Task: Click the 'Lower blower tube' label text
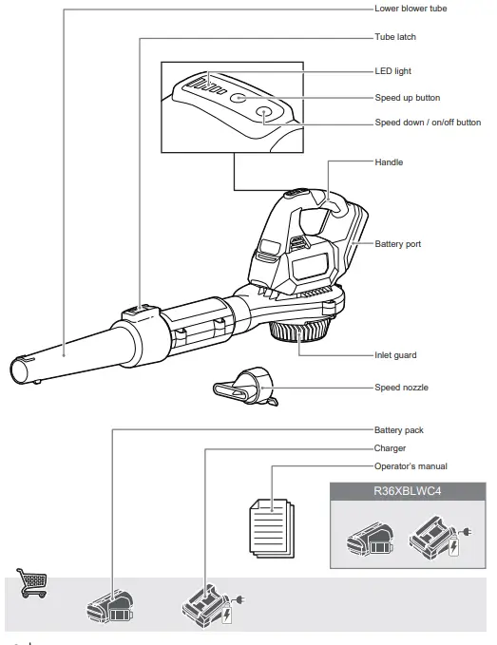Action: pos(410,9)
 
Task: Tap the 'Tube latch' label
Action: pos(395,37)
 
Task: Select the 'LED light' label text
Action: pos(393,71)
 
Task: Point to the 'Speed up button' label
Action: pos(408,98)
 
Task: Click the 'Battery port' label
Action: pos(398,244)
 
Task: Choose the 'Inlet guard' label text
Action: pos(395,355)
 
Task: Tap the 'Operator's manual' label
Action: pos(411,466)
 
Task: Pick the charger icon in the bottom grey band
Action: pos(208,605)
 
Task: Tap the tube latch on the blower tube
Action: pos(139,310)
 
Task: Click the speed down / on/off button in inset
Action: pos(265,113)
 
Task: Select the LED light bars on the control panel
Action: pos(205,85)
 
